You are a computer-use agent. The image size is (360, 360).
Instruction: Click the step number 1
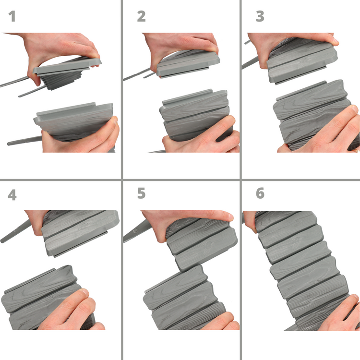pyautogui.click(x=12, y=16)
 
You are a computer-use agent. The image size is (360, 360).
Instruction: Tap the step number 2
pyautogui.click(x=141, y=16)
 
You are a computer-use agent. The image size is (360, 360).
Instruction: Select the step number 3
pyautogui.click(x=260, y=16)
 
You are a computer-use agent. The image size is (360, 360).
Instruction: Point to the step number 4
pyautogui.click(x=12, y=195)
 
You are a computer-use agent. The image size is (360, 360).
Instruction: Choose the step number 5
pyautogui.click(x=141, y=193)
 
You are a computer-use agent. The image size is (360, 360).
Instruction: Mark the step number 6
pyautogui.click(x=260, y=193)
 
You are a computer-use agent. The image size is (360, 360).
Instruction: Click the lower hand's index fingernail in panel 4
pyautogui.click(x=84, y=292)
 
